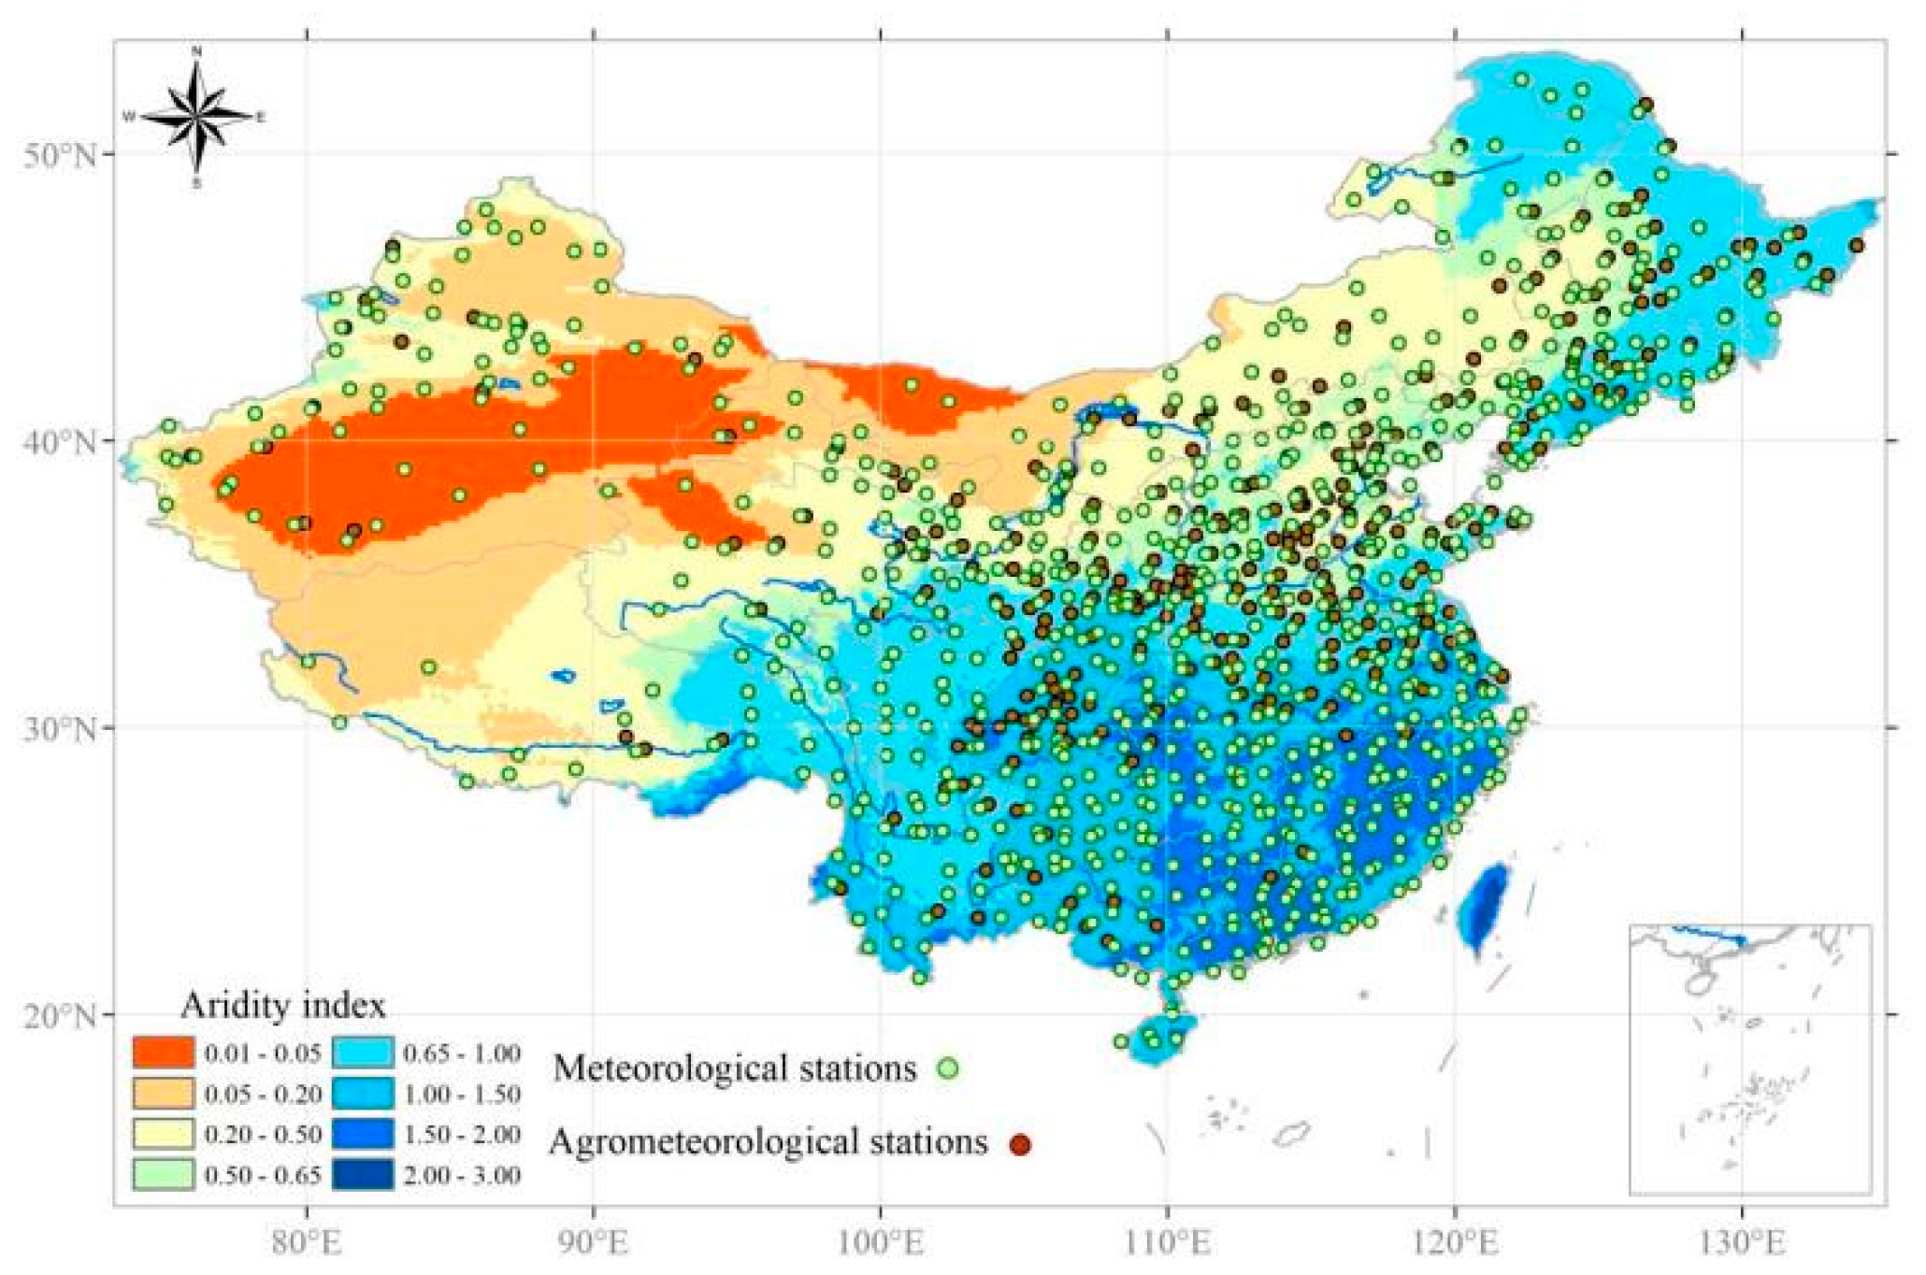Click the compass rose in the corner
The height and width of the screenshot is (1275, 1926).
[196, 117]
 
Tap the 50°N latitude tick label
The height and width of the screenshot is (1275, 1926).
[60, 154]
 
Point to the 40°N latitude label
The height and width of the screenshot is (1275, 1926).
[60, 441]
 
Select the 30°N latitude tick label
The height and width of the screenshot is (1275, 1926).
[60, 728]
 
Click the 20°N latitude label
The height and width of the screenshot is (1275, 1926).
[60, 1015]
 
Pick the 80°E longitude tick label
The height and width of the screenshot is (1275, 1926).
[308, 1244]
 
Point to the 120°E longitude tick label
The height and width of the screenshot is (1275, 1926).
[1455, 1244]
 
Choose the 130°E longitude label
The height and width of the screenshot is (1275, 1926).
[1742, 1244]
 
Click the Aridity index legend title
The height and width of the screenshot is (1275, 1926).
[282, 1006]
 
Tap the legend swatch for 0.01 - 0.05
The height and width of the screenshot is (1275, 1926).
[163, 1053]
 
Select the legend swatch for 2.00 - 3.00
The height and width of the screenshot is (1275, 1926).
[362, 1174]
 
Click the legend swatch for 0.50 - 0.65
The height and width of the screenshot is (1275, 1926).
[163, 1174]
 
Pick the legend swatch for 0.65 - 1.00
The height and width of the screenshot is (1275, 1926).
[362, 1053]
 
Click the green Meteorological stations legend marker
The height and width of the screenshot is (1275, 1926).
[948, 1067]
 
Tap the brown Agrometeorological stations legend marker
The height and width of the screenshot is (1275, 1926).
[1020, 1143]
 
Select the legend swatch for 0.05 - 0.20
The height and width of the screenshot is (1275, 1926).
[163, 1093]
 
